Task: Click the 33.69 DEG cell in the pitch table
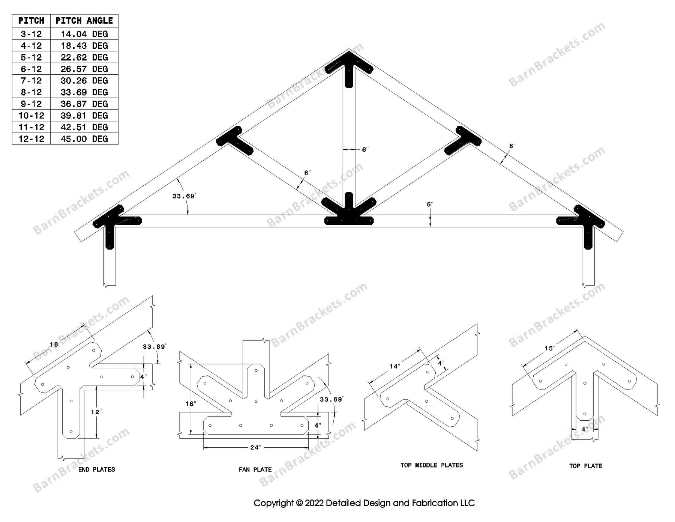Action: [x=84, y=92]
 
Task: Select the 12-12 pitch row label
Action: [x=31, y=139]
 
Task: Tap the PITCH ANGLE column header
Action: [x=84, y=21]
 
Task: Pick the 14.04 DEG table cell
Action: [x=84, y=34]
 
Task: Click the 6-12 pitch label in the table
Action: [x=31, y=69]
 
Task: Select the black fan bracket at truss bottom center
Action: [x=349, y=214]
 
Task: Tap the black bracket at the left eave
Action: [x=112, y=223]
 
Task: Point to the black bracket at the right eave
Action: [x=585, y=223]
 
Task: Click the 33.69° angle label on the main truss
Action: [x=184, y=196]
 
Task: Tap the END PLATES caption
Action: [x=97, y=469]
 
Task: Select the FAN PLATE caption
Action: [x=255, y=469]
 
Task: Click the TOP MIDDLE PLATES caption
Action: [x=432, y=465]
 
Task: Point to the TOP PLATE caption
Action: [x=585, y=466]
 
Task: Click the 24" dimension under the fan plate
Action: [x=255, y=447]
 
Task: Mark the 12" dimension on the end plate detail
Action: [x=96, y=412]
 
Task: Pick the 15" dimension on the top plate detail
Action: [x=550, y=348]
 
